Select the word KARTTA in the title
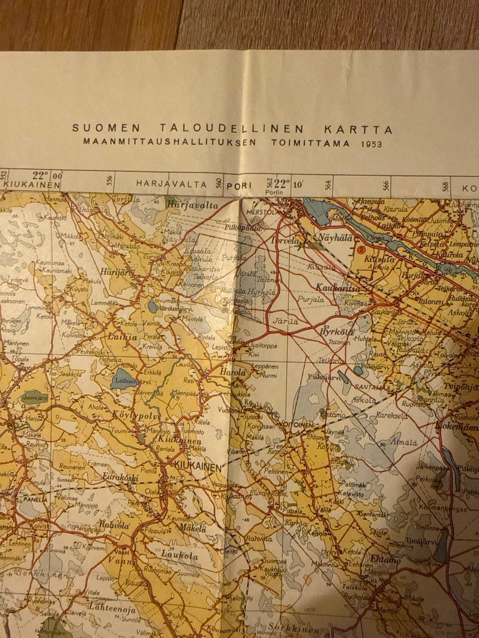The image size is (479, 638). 358,130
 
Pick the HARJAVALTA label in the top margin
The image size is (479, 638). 171,184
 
